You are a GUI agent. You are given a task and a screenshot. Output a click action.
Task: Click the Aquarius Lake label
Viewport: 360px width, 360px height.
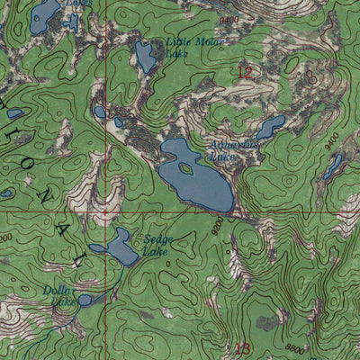click(x=232, y=149)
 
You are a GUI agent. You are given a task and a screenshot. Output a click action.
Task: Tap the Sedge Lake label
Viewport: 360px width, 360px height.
click(x=158, y=245)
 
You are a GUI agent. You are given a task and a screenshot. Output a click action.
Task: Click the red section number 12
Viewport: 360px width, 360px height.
click(x=244, y=72)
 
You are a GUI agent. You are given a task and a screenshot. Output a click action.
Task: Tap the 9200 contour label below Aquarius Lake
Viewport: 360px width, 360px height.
click(x=215, y=231)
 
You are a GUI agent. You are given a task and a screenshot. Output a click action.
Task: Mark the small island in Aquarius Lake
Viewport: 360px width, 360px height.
click(x=186, y=167)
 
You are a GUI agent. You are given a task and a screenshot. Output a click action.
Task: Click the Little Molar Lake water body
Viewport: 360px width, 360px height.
click(x=145, y=57)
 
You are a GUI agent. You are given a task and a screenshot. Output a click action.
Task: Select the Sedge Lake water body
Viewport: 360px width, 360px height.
click(x=118, y=247)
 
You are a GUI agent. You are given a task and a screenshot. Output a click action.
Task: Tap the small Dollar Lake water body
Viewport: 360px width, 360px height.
click(x=86, y=301)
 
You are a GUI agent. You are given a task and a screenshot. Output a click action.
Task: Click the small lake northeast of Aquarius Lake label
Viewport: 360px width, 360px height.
click(x=271, y=126)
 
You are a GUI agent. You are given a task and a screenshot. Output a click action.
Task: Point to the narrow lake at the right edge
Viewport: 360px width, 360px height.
click(x=334, y=165)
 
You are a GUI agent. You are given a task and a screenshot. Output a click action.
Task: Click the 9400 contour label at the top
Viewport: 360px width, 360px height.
click(x=229, y=18)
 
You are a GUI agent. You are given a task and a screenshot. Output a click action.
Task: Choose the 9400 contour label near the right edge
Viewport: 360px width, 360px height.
click(x=331, y=140)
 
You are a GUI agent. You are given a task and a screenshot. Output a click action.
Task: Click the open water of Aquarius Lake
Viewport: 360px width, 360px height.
click(x=205, y=184)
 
